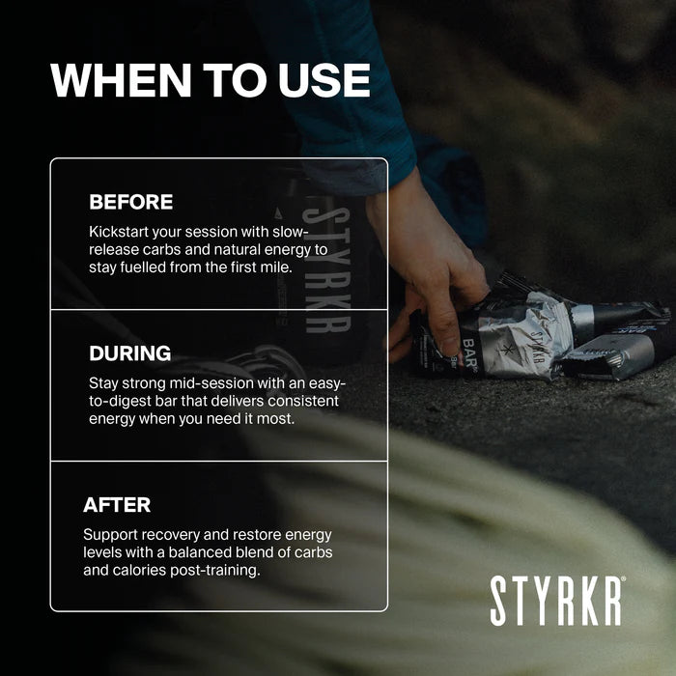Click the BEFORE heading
pos(130,202)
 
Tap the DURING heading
pos(129,352)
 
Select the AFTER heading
pos(117,504)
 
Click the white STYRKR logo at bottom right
pos(557,600)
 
